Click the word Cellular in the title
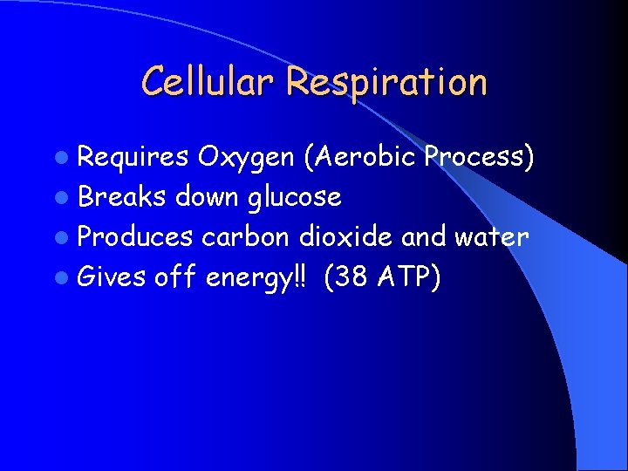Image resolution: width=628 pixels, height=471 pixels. pyautogui.click(x=207, y=82)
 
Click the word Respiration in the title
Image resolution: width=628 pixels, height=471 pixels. pyautogui.click(x=386, y=82)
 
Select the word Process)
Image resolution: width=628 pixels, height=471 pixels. pyautogui.click(x=479, y=157)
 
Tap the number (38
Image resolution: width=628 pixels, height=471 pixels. pyautogui.click(x=345, y=277)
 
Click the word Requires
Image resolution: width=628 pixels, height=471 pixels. pyautogui.click(x=133, y=158)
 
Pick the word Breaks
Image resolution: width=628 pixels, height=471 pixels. pyautogui.click(x=122, y=197)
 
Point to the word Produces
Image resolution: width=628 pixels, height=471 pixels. pyautogui.click(x=135, y=237)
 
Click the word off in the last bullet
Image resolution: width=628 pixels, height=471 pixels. pyautogui.click(x=175, y=277)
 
